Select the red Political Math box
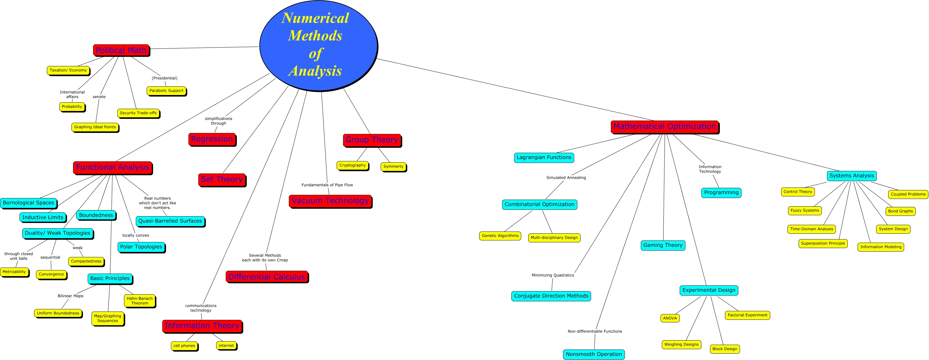(x=121, y=50)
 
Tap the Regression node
(x=212, y=139)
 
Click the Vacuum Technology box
(x=330, y=201)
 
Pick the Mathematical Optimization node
(x=664, y=127)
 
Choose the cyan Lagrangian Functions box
(x=544, y=157)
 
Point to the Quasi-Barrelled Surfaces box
(x=170, y=221)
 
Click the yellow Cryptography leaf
(x=352, y=165)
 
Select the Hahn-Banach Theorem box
(x=140, y=300)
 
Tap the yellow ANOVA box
(x=670, y=318)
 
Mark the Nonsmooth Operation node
(x=594, y=354)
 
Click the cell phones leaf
(x=184, y=346)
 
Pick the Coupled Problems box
(x=908, y=194)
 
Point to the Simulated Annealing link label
(x=566, y=178)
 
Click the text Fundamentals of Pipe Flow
(x=327, y=185)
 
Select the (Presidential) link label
(x=165, y=78)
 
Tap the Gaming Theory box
(x=663, y=245)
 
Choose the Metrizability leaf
(x=14, y=272)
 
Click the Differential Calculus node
(x=267, y=277)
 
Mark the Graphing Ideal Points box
(x=95, y=127)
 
